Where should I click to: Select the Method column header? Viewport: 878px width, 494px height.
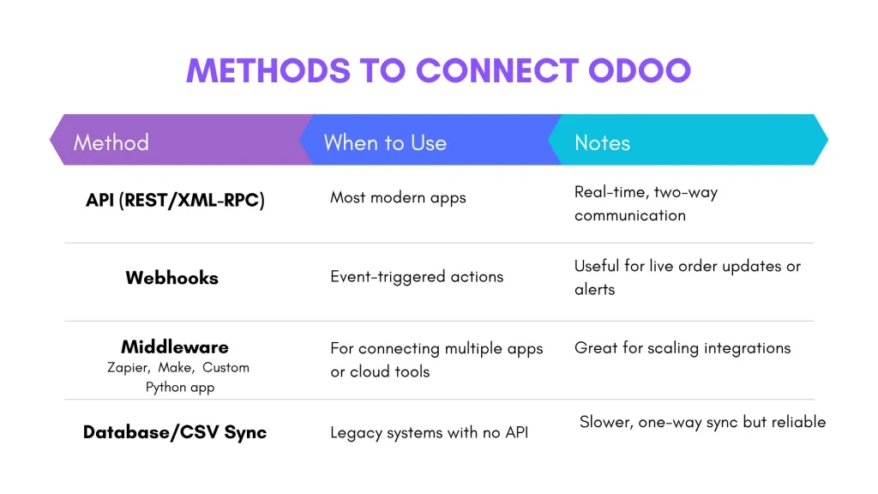pos(111,142)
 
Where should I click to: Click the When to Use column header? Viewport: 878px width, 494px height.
pos(385,142)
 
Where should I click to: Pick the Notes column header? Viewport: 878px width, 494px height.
pos(602,142)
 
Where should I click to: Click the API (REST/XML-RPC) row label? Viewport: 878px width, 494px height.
pos(175,200)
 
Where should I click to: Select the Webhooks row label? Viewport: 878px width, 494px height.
pos(171,278)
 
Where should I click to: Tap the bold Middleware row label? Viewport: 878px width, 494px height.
pos(175,346)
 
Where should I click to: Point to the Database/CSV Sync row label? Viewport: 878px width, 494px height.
pos(175,431)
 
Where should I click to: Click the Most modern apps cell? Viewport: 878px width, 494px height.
pos(398,198)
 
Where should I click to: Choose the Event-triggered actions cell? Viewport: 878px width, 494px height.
pos(417,276)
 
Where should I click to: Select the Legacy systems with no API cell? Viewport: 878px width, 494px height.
pos(429,432)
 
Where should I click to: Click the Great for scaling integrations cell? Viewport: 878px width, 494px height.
pos(683,348)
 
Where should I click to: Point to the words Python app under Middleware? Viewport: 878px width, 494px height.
pos(180,387)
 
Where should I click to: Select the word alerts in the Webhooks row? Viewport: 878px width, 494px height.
pos(594,290)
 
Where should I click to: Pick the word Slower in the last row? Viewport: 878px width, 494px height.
pos(604,422)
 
